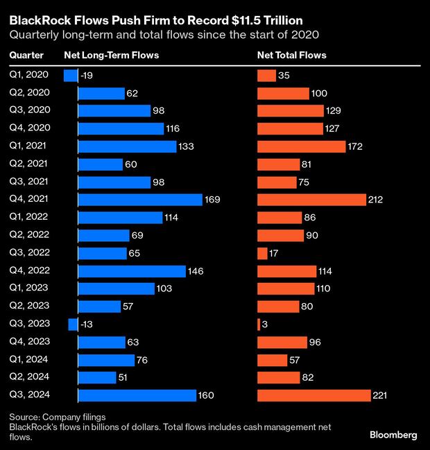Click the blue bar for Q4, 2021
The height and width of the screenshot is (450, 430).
(139, 200)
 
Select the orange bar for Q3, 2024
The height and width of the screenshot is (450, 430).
(313, 395)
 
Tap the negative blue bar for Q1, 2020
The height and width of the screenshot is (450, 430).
(70, 76)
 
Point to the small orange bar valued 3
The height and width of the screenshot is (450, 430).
(259, 324)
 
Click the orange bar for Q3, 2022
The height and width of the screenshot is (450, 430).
(262, 253)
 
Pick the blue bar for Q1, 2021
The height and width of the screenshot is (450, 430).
(127, 146)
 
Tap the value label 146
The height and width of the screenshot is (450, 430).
(197, 271)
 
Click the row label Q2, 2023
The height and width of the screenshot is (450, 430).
(29, 306)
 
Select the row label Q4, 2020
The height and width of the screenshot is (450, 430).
(29, 128)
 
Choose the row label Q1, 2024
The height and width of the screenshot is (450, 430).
(29, 360)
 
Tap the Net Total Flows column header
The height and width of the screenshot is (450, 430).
(291, 55)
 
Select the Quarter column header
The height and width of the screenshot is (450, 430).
(26, 55)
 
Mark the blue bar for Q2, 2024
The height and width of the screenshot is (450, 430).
(97, 377)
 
